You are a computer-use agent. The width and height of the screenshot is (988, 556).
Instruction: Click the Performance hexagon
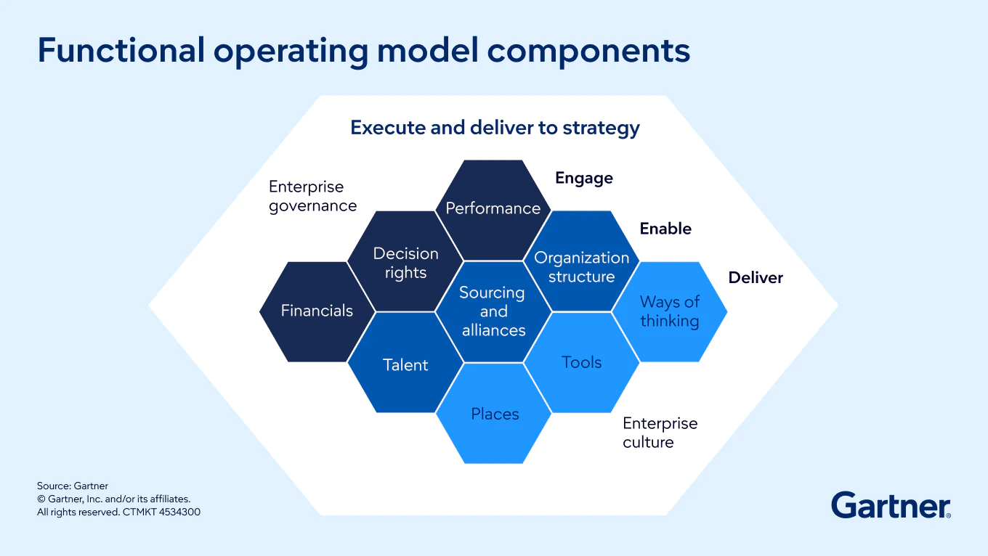click(493, 208)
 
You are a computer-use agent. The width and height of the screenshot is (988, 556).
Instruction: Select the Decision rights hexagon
click(405, 263)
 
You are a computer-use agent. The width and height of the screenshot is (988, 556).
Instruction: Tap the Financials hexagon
click(317, 311)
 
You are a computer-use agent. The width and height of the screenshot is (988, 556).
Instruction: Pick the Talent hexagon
click(405, 364)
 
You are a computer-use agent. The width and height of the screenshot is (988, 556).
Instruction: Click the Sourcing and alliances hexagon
click(493, 311)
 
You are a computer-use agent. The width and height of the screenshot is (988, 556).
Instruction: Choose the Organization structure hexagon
click(581, 266)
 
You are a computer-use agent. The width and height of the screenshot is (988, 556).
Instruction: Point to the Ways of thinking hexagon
click(669, 311)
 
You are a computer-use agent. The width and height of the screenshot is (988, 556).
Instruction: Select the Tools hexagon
click(581, 362)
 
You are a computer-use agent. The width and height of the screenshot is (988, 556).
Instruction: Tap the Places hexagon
click(495, 414)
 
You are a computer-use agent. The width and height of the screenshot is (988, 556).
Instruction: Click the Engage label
click(584, 179)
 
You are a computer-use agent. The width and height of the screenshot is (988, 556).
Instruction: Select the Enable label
click(665, 229)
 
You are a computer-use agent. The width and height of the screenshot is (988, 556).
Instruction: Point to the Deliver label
click(756, 278)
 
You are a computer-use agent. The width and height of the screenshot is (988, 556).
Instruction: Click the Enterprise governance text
click(312, 197)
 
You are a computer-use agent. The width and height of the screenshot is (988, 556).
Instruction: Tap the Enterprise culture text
click(660, 433)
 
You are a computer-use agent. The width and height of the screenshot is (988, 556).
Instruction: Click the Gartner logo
click(891, 504)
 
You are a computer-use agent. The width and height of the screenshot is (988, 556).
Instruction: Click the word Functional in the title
click(121, 51)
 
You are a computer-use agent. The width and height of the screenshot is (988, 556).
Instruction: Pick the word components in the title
click(588, 51)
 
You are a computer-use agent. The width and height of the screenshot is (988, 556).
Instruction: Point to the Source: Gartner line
click(73, 486)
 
